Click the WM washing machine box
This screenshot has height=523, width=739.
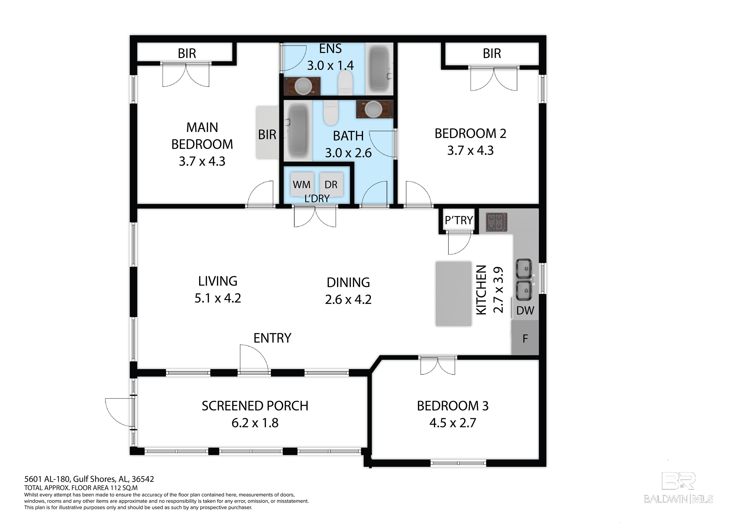302,184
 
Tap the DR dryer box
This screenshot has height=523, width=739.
331,184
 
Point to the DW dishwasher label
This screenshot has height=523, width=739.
525,311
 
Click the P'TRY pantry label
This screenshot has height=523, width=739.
459,220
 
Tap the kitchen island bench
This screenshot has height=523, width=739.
453,294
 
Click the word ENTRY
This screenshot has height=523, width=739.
272,338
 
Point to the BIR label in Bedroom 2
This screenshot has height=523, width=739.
492,53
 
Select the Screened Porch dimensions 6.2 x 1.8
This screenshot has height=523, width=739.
255,423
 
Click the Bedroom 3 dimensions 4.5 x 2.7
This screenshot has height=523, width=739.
452,423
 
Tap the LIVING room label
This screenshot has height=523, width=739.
217,281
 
